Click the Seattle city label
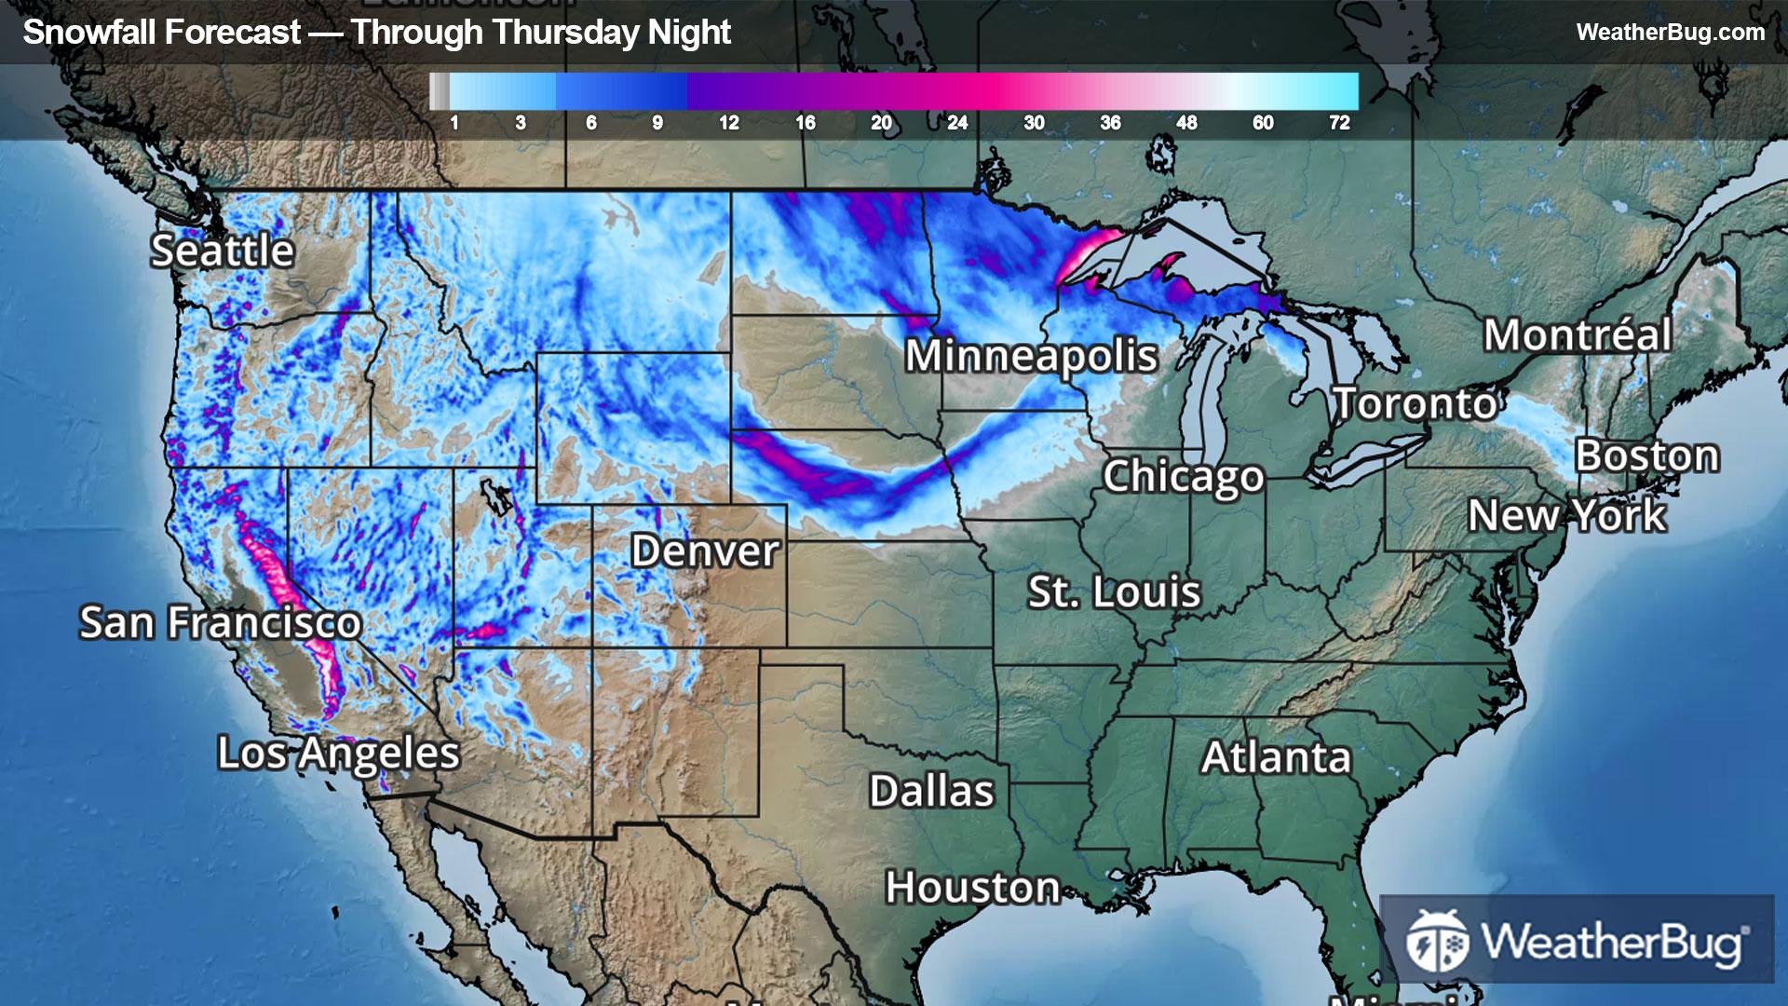(223, 251)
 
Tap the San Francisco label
(220, 622)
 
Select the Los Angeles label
(338, 753)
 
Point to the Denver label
(705, 551)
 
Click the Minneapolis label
(1031, 356)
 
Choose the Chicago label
(1183, 476)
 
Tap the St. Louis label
(1114, 591)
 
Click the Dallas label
(931, 791)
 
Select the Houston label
(972, 887)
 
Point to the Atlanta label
(1275, 757)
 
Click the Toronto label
(1415, 403)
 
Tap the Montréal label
(1577, 334)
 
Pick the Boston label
(1646, 455)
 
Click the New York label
(1566, 515)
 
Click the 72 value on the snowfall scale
(1339, 123)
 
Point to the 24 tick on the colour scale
(957, 123)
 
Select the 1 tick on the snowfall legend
(454, 123)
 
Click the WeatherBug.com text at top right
(1670, 33)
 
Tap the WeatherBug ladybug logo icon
(1437, 941)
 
